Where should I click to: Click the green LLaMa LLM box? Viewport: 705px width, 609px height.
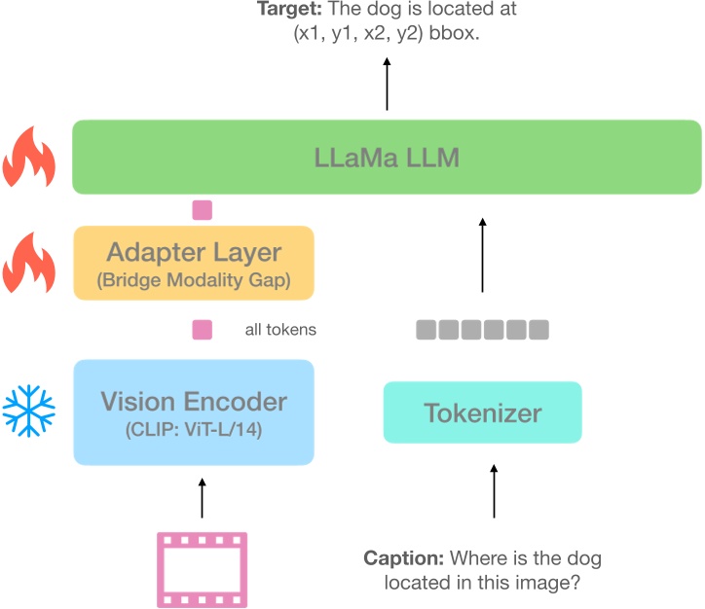(x=387, y=157)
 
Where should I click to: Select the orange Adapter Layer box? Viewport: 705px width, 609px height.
(x=194, y=263)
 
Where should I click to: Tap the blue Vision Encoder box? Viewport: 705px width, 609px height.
(x=194, y=412)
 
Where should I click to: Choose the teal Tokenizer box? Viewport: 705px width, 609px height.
(x=482, y=412)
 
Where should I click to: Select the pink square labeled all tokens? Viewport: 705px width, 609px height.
(x=202, y=330)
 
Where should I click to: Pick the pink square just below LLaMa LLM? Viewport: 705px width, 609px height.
(x=202, y=209)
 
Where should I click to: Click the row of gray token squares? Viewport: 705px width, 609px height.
(x=482, y=330)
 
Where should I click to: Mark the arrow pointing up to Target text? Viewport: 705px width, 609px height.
(x=387, y=86)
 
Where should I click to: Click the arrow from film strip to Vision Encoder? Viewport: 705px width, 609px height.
(x=202, y=496)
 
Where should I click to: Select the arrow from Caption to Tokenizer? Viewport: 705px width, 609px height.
(x=494, y=491)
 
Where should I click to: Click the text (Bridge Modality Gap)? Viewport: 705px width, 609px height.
(x=194, y=282)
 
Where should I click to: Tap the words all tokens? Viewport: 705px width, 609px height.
(x=280, y=331)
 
